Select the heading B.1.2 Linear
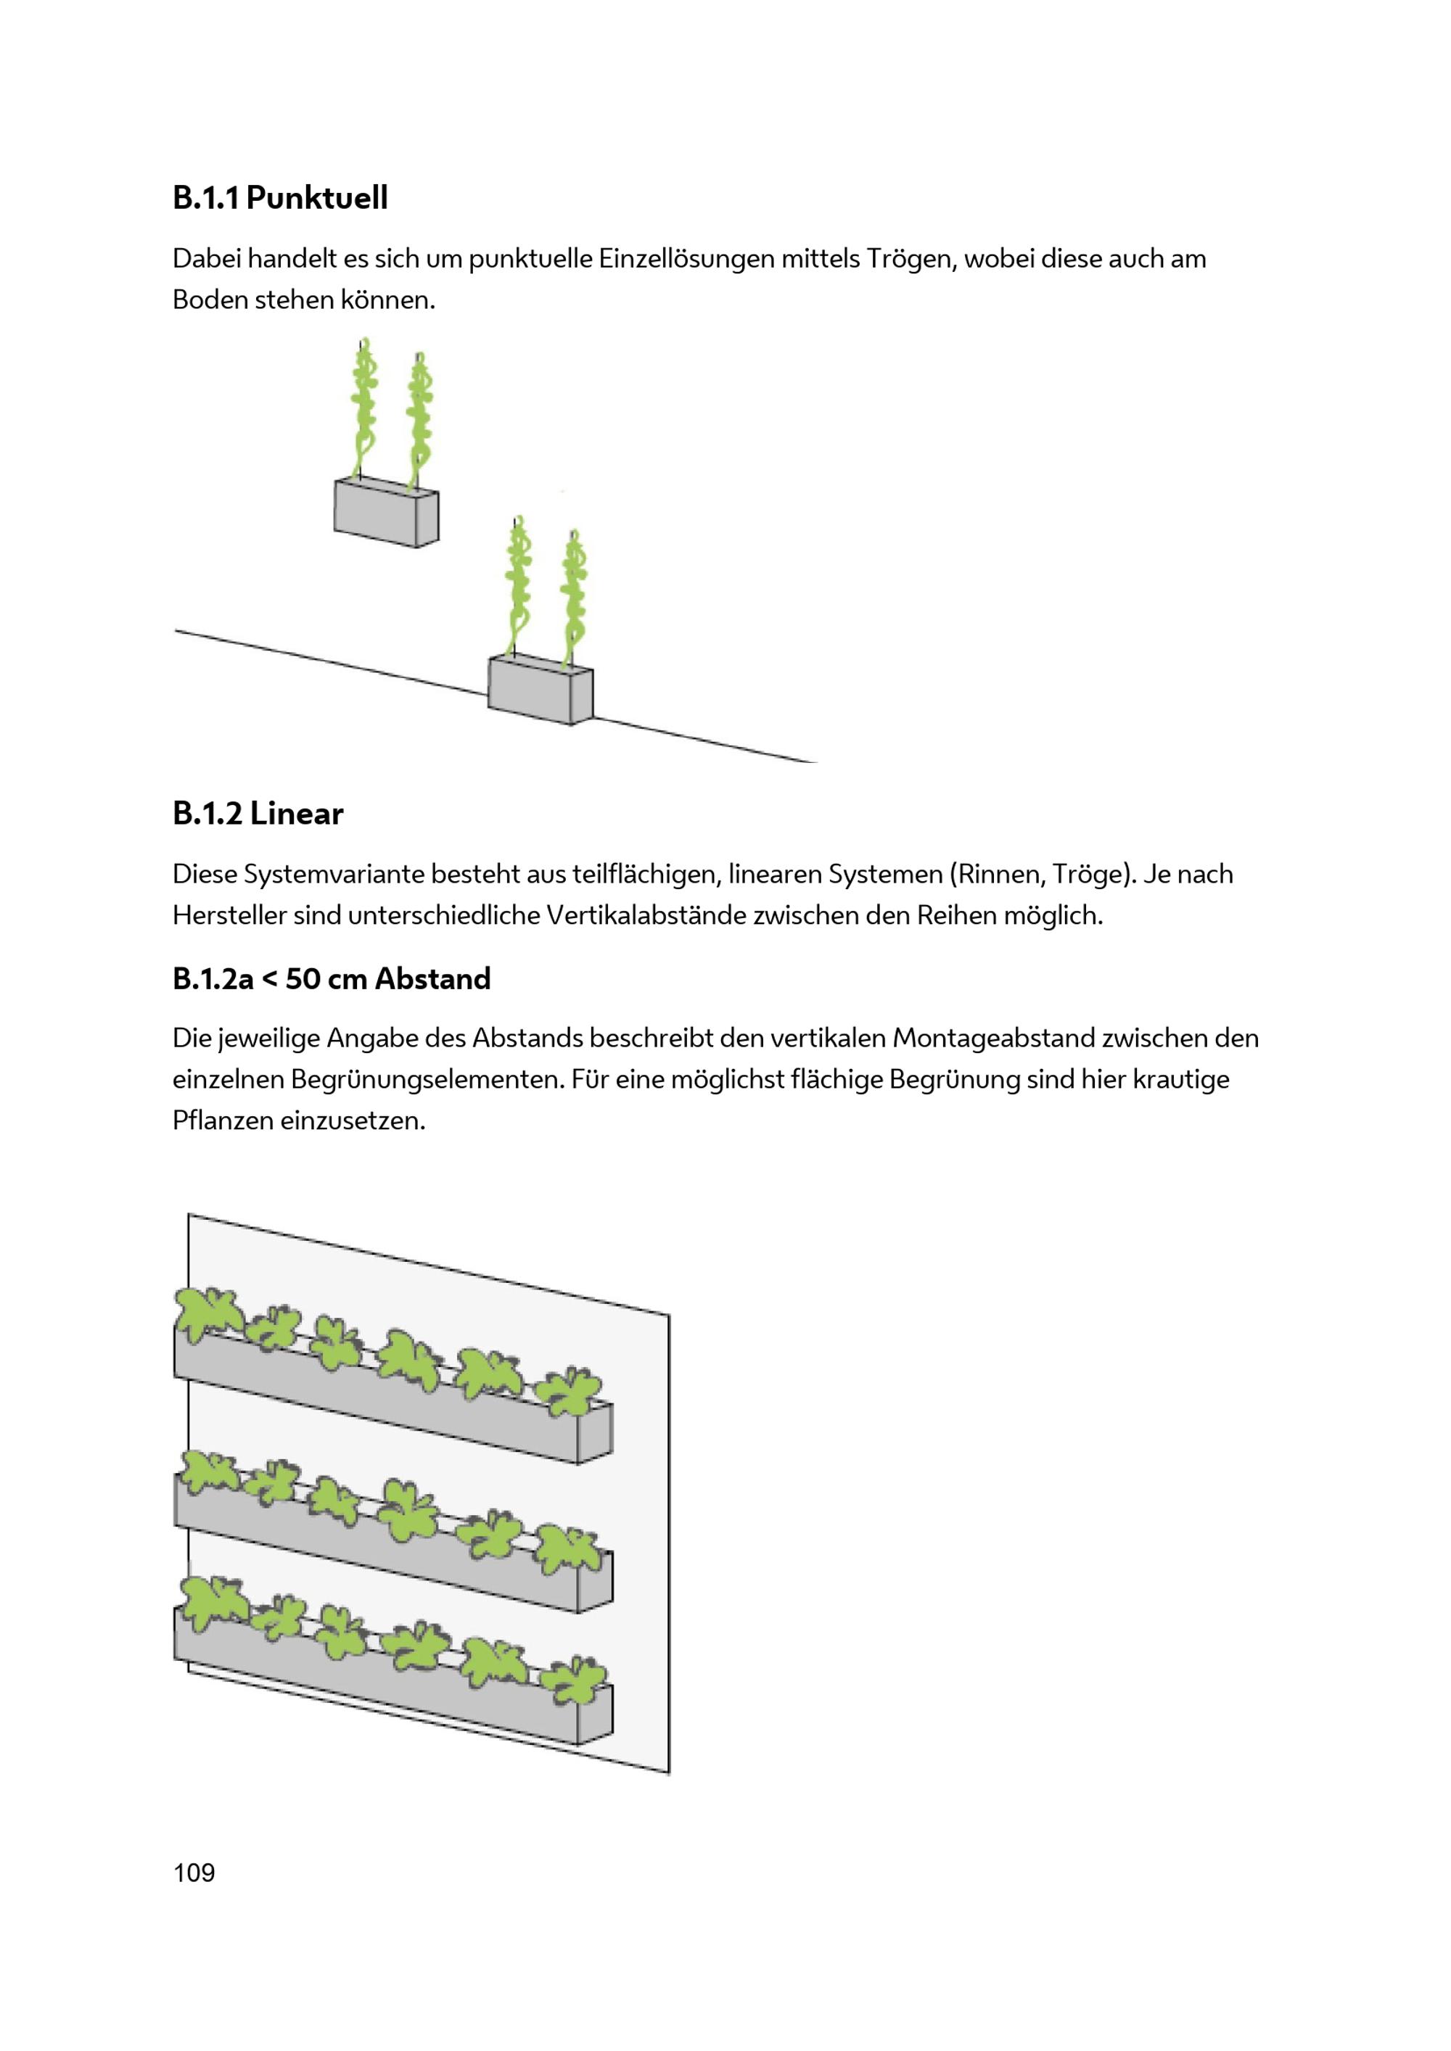coord(258,813)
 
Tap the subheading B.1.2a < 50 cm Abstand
coord(332,978)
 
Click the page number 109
coord(194,1873)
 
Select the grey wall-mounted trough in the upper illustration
coord(387,512)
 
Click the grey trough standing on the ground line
coord(540,690)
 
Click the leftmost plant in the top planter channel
coord(208,1313)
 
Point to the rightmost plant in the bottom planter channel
coord(575,1681)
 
